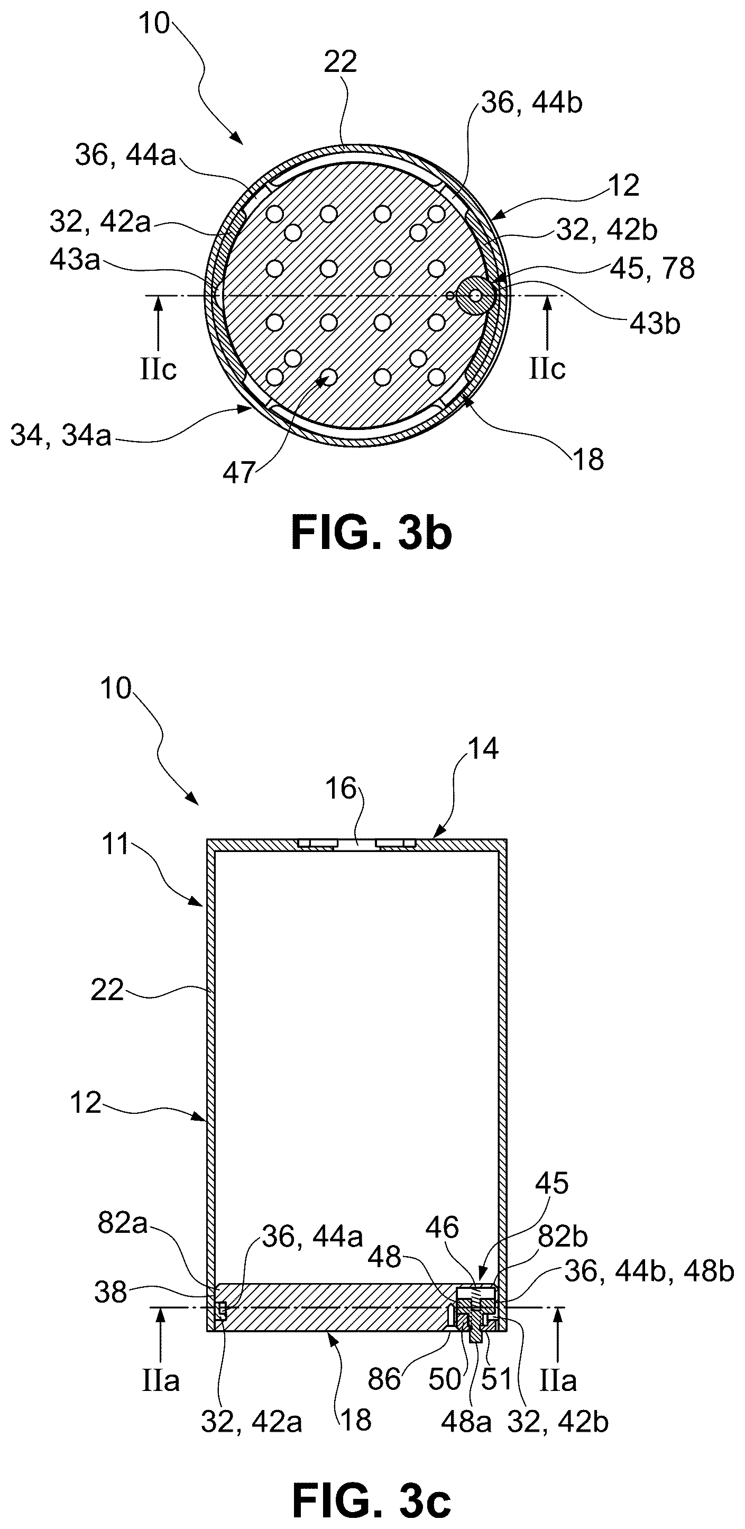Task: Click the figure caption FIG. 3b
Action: (x=372, y=533)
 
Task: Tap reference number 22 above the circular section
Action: (x=341, y=62)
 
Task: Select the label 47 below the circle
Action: (x=239, y=473)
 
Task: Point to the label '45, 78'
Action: (x=652, y=268)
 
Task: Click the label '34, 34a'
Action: (x=61, y=436)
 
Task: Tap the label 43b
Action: (x=655, y=324)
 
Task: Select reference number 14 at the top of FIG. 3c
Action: (x=483, y=748)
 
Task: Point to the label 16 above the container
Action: (x=342, y=789)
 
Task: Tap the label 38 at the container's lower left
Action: (x=111, y=1293)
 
